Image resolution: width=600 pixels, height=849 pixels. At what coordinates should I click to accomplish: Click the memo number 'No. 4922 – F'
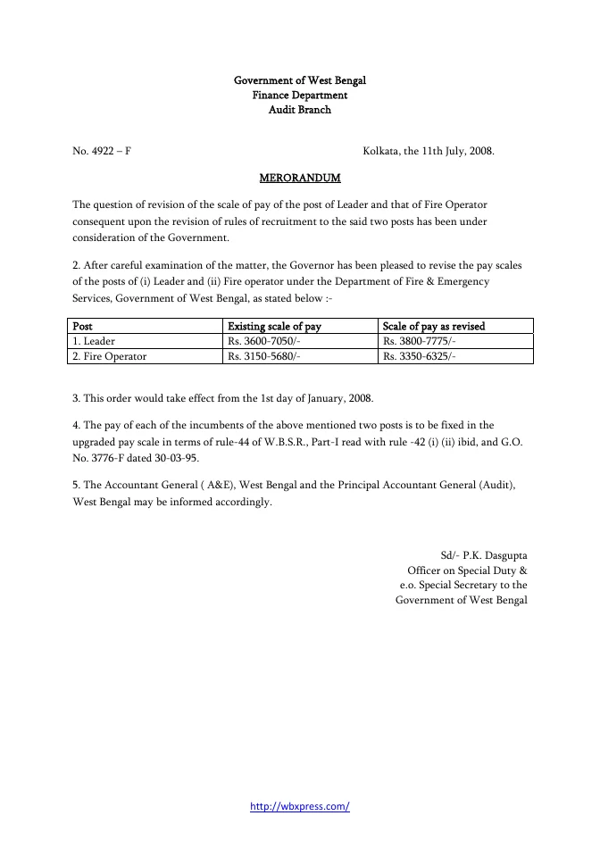[102, 152]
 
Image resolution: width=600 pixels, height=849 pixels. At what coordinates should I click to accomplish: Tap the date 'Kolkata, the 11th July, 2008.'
[429, 152]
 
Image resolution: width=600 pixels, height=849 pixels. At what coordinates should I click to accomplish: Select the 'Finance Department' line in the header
[300, 96]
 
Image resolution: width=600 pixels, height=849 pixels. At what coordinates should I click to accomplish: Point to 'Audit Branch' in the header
[300, 110]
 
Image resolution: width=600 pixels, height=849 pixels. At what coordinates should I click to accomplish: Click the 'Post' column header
[82, 326]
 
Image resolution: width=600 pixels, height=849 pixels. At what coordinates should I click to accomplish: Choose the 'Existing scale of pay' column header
[274, 326]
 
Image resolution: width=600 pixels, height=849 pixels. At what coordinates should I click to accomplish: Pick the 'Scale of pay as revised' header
[433, 326]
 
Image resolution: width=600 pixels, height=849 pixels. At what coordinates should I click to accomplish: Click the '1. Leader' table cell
[94, 341]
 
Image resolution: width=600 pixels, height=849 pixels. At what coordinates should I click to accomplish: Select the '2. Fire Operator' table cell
[109, 356]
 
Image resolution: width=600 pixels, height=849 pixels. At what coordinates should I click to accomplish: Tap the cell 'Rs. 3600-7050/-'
[264, 341]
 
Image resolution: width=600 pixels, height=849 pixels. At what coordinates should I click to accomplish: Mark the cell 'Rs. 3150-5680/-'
[264, 356]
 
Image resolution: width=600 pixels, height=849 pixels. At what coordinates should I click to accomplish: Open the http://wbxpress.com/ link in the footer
[300, 806]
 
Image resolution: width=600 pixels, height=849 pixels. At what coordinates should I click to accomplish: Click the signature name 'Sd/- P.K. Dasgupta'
[483, 555]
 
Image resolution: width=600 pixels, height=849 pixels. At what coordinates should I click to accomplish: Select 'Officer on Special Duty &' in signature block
[467, 570]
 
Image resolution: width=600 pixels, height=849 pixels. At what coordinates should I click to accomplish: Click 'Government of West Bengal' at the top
[300, 81]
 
